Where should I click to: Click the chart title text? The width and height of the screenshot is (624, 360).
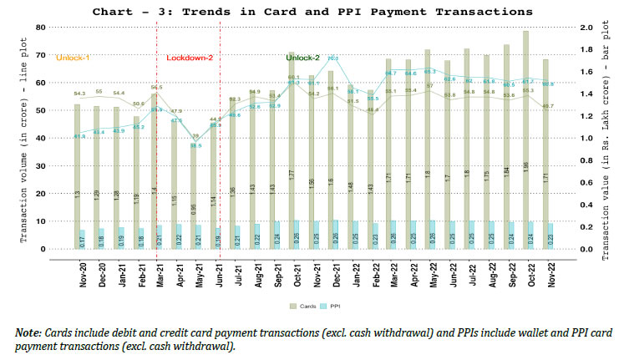(312, 12)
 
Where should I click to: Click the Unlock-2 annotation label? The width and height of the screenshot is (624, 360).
(303, 57)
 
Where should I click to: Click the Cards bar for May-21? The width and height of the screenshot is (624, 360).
(195, 196)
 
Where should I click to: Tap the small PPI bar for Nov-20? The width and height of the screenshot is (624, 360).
(81, 239)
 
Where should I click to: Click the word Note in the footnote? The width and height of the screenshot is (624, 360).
(28, 332)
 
